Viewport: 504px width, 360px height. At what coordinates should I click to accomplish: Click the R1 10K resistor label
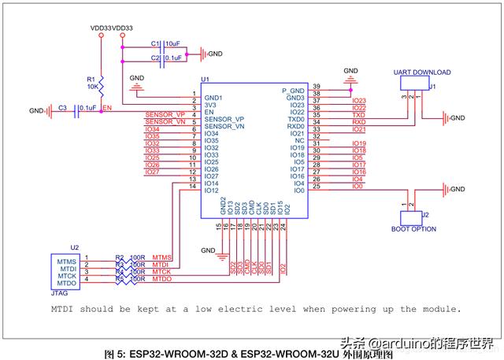click(x=91, y=83)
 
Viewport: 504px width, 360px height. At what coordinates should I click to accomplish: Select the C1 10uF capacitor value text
click(x=173, y=43)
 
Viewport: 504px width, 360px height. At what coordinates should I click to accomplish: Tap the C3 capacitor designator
click(x=62, y=107)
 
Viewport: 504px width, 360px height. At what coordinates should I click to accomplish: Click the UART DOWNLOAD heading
click(x=421, y=72)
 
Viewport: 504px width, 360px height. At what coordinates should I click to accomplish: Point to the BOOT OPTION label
click(x=414, y=228)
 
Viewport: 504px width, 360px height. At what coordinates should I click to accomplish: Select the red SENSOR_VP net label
click(x=163, y=115)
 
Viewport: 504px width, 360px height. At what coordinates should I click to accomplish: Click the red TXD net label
click(x=358, y=115)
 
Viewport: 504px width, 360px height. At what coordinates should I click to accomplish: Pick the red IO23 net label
click(x=359, y=101)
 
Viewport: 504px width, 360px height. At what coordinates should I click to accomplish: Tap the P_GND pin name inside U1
click(x=293, y=91)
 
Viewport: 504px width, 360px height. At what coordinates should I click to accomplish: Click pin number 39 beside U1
click(x=316, y=86)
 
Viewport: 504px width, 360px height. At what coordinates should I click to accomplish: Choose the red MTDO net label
click(x=162, y=279)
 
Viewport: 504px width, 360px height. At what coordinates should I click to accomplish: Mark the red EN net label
click(x=107, y=108)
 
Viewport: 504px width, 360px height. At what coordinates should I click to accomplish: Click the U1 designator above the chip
click(x=206, y=80)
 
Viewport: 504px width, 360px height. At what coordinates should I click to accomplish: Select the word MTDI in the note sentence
click(x=66, y=309)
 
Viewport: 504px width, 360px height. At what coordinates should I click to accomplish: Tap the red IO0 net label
click(x=358, y=187)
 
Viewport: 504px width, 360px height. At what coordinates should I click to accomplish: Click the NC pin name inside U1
click(x=299, y=141)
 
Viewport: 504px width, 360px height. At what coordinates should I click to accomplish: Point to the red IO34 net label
click(x=153, y=129)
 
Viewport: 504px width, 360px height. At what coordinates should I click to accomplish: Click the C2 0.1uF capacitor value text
click(x=174, y=58)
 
